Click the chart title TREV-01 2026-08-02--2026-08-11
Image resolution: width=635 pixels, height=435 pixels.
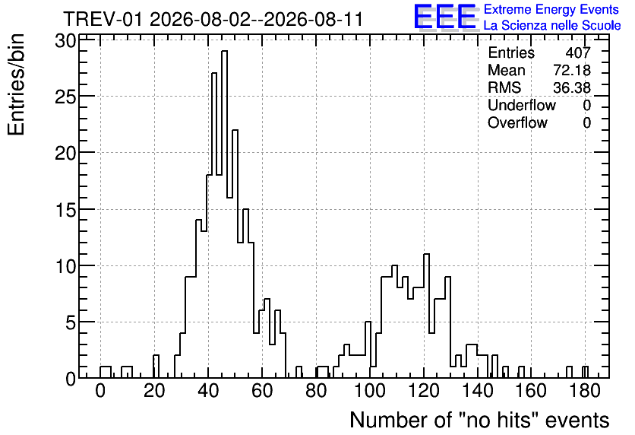213,19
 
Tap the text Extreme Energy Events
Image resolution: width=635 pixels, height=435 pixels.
551,9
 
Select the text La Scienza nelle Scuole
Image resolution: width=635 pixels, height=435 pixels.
552,26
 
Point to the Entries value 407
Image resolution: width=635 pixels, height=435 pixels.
578,52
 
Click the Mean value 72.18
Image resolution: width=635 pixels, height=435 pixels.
572,70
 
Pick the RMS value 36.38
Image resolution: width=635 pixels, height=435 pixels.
572,87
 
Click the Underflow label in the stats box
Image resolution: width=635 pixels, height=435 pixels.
522,105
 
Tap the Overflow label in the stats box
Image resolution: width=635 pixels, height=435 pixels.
517,122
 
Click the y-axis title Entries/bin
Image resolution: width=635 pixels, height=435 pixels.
16,84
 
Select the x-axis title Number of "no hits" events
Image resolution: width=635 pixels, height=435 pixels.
479,420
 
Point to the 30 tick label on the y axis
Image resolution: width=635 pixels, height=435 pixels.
65,40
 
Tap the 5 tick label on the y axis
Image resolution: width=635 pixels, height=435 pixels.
70,322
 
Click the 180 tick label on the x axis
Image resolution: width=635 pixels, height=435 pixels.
585,391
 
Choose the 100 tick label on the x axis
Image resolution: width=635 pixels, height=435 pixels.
370,391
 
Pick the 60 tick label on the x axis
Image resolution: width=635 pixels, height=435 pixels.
262,391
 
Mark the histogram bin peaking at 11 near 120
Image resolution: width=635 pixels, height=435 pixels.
426,316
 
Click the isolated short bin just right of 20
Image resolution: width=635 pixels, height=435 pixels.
156,367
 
